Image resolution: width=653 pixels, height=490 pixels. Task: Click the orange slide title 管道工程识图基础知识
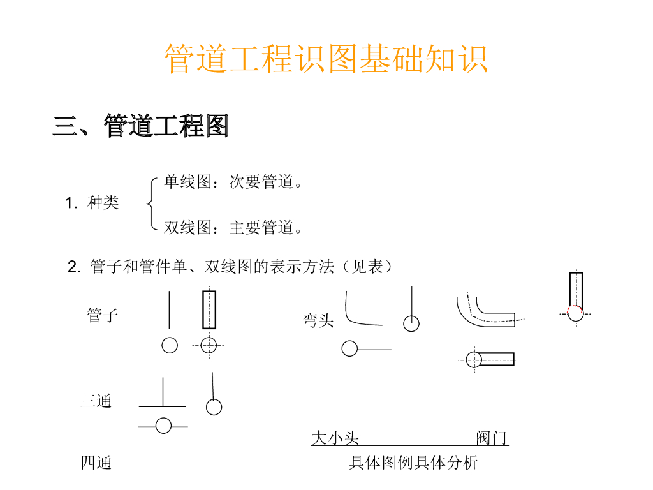click(x=326, y=59)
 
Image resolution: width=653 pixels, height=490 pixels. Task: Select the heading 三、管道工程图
click(x=140, y=126)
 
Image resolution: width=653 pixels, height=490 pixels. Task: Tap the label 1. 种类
click(x=92, y=204)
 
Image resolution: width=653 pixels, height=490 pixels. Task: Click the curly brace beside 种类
click(x=150, y=204)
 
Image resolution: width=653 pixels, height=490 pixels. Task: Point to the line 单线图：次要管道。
click(x=233, y=182)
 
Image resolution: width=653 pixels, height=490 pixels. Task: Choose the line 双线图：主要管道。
click(x=233, y=227)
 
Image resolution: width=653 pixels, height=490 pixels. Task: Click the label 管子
click(x=103, y=315)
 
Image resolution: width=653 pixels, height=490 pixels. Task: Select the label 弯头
click(x=319, y=320)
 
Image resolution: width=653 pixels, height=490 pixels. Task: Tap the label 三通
click(x=96, y=401)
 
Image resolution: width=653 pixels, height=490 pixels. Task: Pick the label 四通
click(x=96, y=463)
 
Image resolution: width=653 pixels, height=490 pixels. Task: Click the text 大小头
click(x=335, y=438)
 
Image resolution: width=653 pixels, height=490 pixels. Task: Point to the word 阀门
click(x=492, y=438)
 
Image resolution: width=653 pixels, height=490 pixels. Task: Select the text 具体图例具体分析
click(x=413, y=463)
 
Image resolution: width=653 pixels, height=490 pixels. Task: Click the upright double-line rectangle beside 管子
click(x=209, y=309)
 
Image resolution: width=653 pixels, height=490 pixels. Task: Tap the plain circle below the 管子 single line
click(x=170, y=345)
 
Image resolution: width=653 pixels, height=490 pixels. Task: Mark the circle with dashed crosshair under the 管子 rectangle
click(x=209, y=345)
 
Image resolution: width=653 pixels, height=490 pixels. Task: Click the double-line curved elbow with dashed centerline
click(x=485, y=311)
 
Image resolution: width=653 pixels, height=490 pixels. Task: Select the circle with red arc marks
click(x=576, y=313)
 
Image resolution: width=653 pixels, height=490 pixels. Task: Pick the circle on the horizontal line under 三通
click(x=164, y=426)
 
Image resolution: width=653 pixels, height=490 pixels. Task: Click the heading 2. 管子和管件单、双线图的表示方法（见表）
click(x=230, y=267)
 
